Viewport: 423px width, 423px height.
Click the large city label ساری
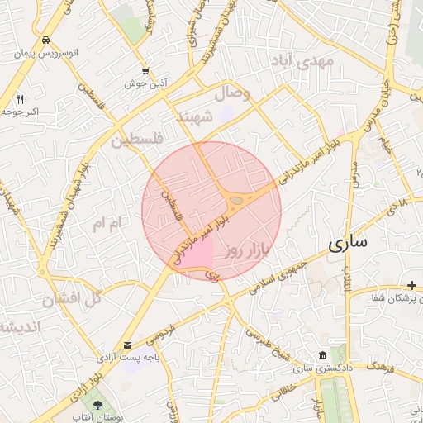pyautogui.click(x=347, y=244)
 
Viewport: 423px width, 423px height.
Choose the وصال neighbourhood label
pyautogui.click(x=232, y=93)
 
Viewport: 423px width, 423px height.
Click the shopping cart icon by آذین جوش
pyautogui.click(x=145, y=71)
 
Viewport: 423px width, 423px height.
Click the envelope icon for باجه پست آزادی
pyautogui.click(x=127, y=345)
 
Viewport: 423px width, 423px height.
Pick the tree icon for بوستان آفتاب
pyautogui.click(x=98, y=405)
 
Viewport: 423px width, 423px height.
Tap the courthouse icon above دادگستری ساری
pyautogui.click(x=321, y=352)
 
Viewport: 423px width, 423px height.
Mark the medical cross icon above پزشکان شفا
pyautogui.click(x=411, y=285)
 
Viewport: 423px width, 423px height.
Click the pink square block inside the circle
pyautogui.click(x=197, y=250)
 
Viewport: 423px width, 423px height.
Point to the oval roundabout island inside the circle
pyautogui.click(x=239, y=199)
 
